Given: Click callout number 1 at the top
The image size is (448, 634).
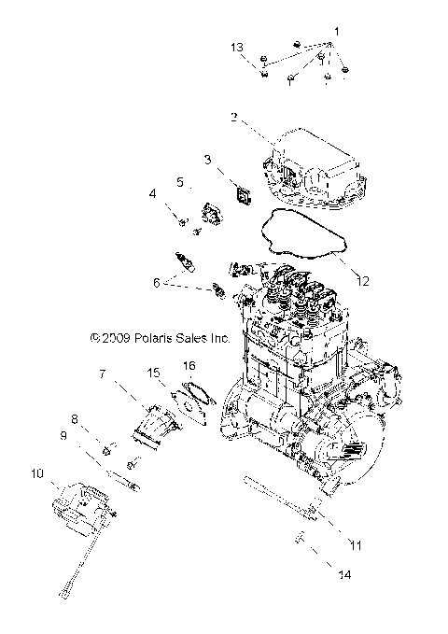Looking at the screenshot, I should pyautogui.click(x=336, y=33).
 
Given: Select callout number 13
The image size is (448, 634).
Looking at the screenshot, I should pyautogui.click(x=238, y=47).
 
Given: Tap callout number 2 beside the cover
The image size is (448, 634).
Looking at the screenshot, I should pyautogui.click(x=234, y=117).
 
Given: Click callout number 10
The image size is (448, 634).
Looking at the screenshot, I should pyautogui.click(x=36, y=473).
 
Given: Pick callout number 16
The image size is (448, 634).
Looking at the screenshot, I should pyautogui.click(x=189, y=365).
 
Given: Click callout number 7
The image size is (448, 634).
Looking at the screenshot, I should pyautogui.click(x=103, y=374).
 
